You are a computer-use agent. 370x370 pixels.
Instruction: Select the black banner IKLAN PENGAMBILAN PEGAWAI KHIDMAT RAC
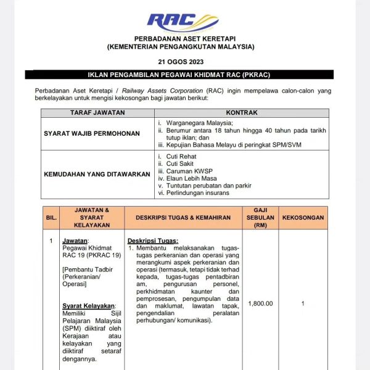[179, 75]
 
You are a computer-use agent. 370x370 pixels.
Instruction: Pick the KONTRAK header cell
[242, 113]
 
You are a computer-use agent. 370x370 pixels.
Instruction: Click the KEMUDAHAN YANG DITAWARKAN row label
[97, 175]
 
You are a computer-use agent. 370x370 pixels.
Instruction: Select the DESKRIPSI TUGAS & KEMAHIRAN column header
[178, 218]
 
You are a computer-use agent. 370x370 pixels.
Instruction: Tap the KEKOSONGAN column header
[303, 218]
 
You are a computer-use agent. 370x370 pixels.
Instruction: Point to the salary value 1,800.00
[260, 303]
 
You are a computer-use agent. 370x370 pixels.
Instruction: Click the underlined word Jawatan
[75, 240]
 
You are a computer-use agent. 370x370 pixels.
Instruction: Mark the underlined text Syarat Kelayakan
[89, 306]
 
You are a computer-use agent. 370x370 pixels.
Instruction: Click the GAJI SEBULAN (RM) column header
[260, 218]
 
